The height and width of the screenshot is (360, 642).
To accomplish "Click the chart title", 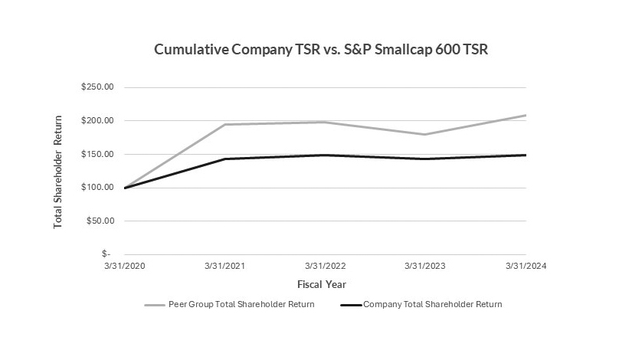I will pyautogui.click(x=321, y=50).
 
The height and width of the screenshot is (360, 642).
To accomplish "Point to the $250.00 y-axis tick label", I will pyautogui.click(x=97, y=87).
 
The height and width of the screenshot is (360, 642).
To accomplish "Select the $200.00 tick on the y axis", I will pyautogui.click(x=97, y=121).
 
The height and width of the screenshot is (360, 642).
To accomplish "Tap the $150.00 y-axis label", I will pyautogui.click(x=97, y=154).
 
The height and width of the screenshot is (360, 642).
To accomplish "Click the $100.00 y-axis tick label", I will pyautogui.click(x=97, y=188).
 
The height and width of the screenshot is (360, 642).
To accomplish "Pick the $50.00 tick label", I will pyautogui.click(x=99, y=221).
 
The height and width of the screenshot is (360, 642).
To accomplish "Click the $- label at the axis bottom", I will pyautogui.click(x=106, y=254).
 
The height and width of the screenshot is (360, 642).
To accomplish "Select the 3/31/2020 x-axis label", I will pyautogui.click(x=125, y=267).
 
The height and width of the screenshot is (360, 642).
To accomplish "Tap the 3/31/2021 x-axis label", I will pyautogui.click(x=225, y=267).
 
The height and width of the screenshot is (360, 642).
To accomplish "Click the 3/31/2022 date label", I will pyautogui.click(x=326, y=267).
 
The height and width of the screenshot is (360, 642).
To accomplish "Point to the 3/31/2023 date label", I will pyautogui.click(x=426, y=267).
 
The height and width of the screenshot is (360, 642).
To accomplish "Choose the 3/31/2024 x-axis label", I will pyautogui.click(x=526, y=267).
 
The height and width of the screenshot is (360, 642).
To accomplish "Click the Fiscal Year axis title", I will pyautogui.click(x=325, y=284).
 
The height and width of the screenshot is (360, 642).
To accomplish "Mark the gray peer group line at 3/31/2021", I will pyautogui.click(x=225, y=125).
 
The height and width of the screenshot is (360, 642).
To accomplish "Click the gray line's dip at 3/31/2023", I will pyautogui.click(x=426, y=135).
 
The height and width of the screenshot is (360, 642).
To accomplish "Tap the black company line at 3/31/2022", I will pyautogui.click(x=326, y=155).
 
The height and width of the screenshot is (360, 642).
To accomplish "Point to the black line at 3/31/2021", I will pyautogui.click(x=225, y=159).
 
